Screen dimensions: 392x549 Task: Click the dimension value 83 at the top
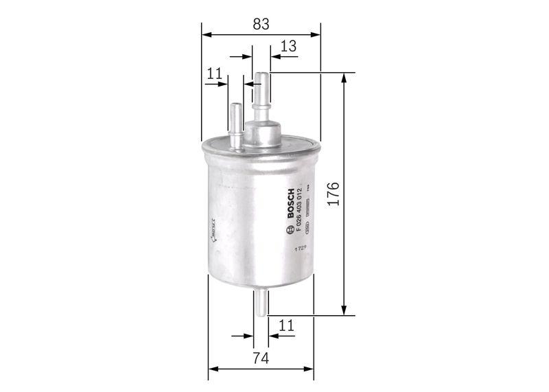click(260, 23)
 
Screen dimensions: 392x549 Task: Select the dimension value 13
click(288, 47)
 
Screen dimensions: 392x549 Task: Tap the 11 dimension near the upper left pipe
click(214, 73)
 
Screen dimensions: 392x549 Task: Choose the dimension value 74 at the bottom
click(260, 358)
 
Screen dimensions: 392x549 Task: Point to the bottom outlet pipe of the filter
click(261, 302)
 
